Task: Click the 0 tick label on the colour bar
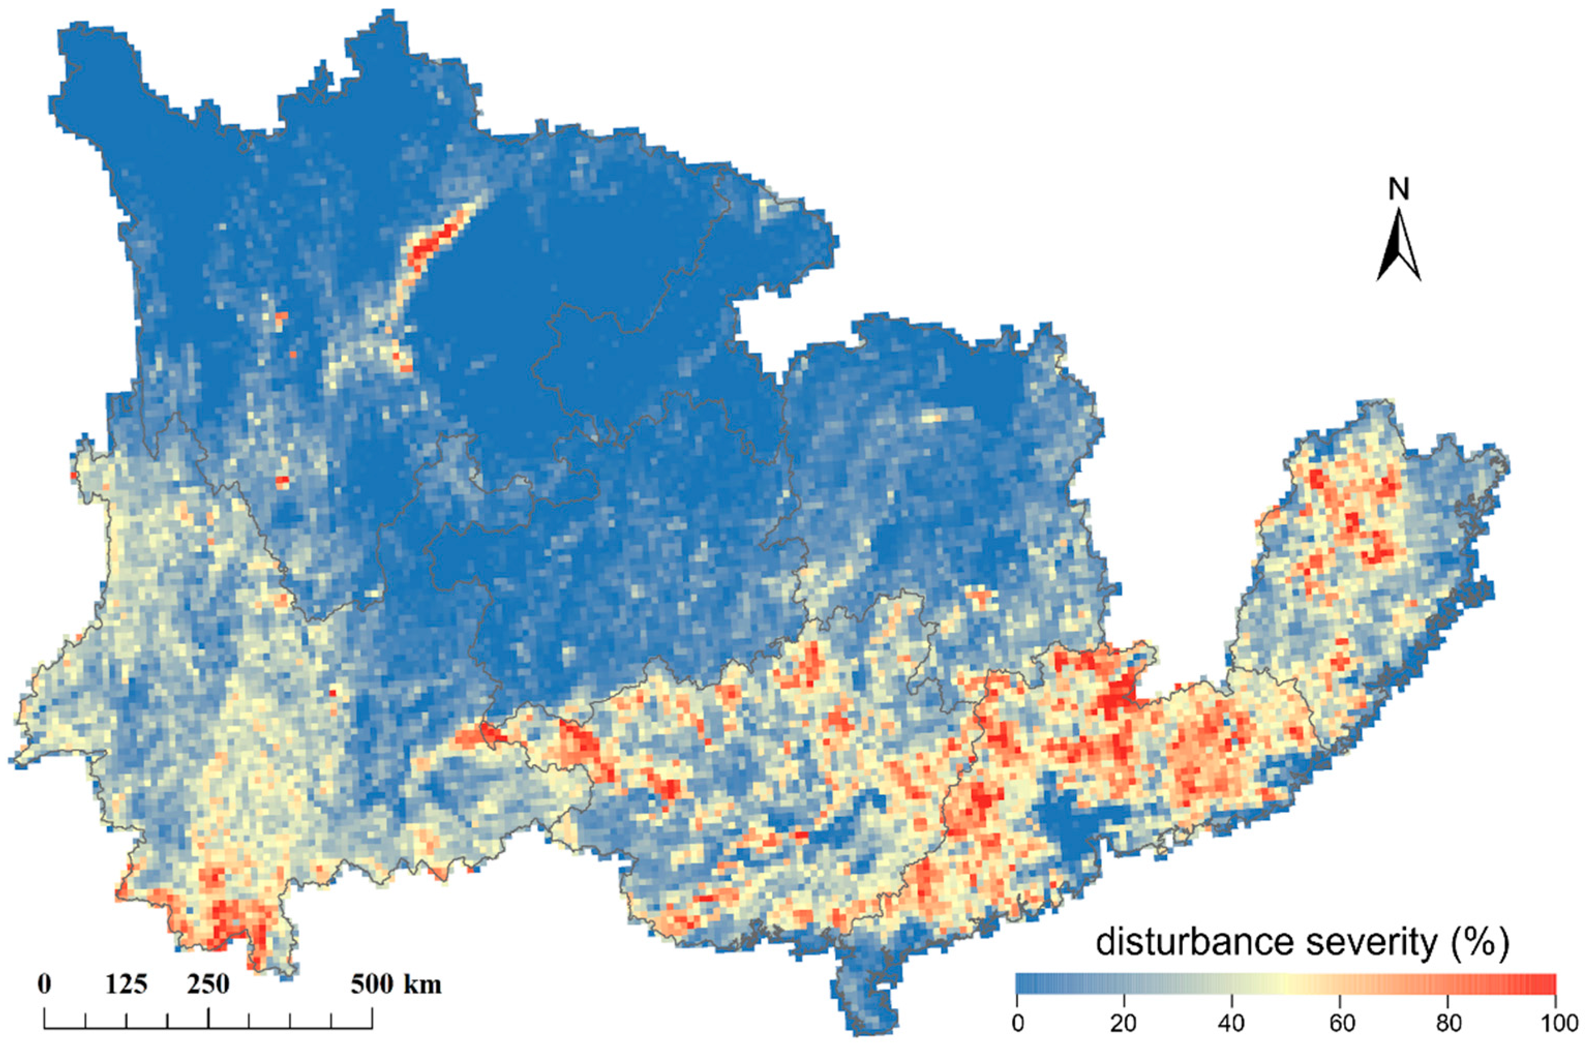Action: pyautogui.click(x=1018, y=1024)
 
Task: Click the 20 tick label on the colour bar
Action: pyautogui.click(x=1124, y=1024)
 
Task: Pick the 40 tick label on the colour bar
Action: pyautogui.click(x=1232, y=1024)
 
